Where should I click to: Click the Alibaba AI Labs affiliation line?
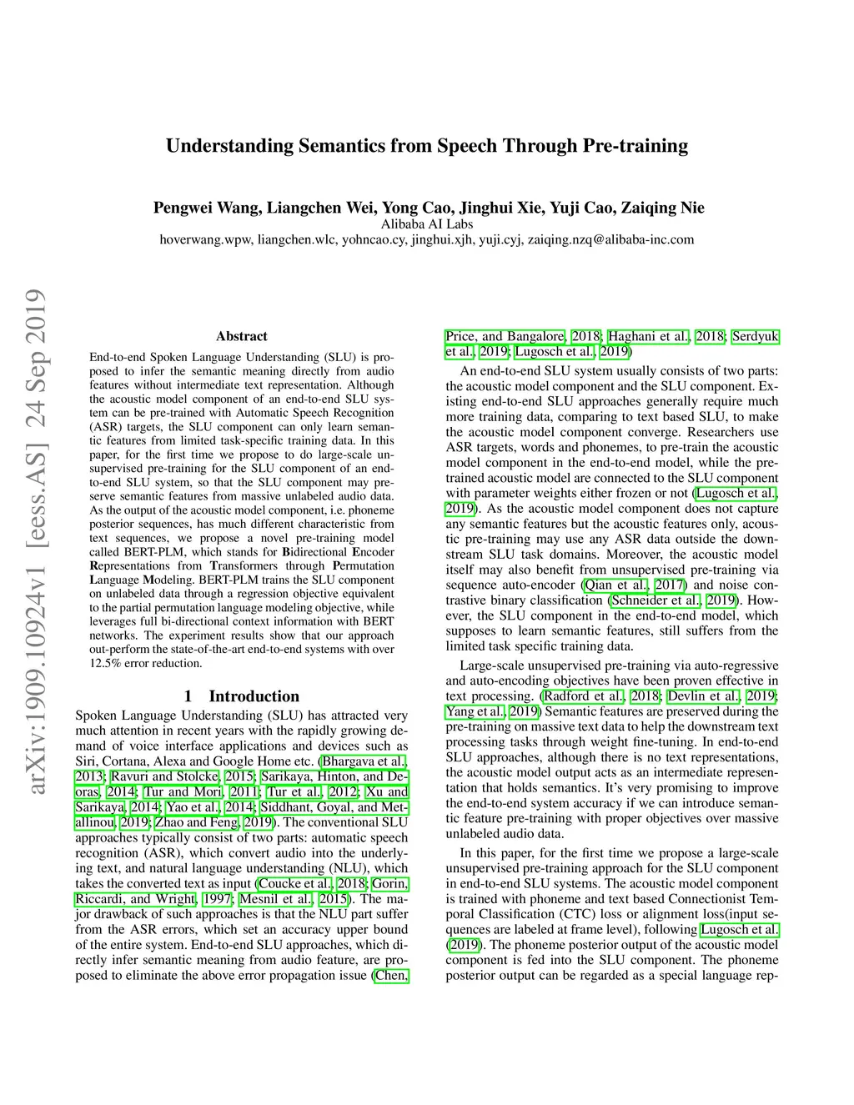426,224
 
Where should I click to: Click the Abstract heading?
241,336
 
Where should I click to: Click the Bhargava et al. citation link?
364,761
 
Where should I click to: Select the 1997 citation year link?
217,899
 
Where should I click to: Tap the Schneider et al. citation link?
656,600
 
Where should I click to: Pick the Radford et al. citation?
583,696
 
